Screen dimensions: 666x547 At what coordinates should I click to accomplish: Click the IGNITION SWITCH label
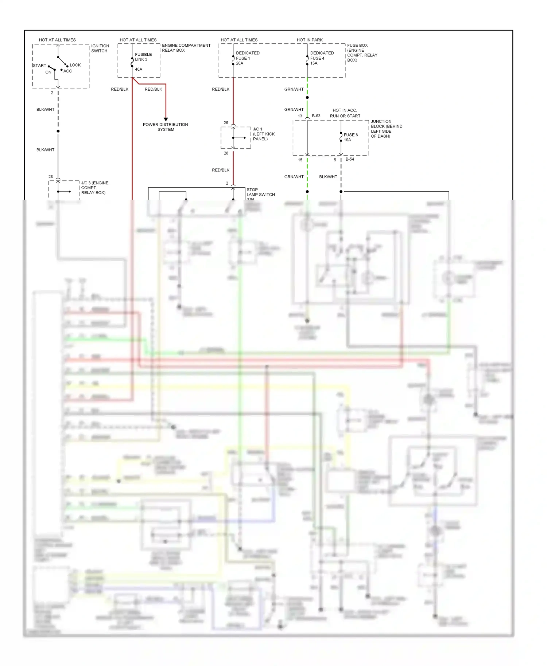[100, 48]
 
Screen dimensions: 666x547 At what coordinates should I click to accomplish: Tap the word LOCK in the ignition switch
[75, 65]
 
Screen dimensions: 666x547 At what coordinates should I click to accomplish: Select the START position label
[39, 66]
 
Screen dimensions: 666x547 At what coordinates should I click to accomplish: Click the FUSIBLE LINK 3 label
[143, 57]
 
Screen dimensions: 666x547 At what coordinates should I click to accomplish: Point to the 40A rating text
[139, 69]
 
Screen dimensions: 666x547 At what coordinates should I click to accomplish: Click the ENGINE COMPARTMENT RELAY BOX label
[186, 48]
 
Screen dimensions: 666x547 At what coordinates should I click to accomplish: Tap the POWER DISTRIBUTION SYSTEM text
[166, 127]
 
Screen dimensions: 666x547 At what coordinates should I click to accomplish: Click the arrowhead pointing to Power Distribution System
[166, 119]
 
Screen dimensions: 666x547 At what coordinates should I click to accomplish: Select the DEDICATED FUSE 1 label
[248, 55]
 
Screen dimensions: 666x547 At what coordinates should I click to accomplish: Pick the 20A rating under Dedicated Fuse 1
[240, 63]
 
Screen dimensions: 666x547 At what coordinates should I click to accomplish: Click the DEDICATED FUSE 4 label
[322, 55]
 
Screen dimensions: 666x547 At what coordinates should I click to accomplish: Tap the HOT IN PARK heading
[310, 40]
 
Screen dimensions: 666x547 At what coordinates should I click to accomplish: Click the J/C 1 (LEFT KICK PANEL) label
[264, 134]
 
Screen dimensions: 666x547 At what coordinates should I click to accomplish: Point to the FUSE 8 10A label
[350, 137]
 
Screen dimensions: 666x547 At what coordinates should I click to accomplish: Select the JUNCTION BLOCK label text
[386, 129]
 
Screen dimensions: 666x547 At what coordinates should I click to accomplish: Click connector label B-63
[316, 116]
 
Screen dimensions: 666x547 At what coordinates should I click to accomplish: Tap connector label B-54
[350, 159]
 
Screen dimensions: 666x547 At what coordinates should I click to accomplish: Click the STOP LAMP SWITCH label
[260, 192]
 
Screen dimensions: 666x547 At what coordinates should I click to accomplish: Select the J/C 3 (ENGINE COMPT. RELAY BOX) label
[94, 188]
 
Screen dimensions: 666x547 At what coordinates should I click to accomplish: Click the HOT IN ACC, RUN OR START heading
[345, 113]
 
